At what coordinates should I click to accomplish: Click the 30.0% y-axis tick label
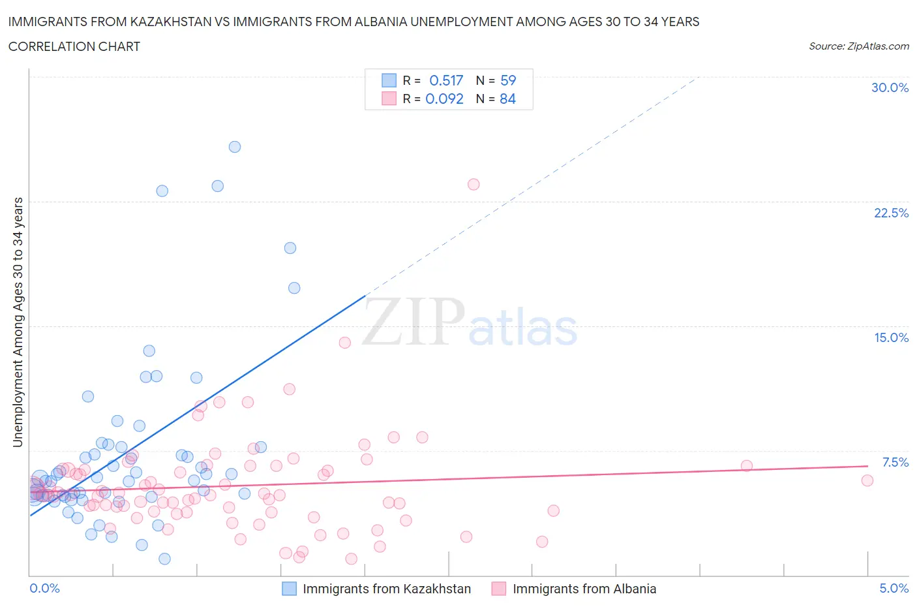pos(890,87)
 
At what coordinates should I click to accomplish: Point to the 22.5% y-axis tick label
pos(891,213)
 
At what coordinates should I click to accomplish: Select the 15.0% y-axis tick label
pos(891,337)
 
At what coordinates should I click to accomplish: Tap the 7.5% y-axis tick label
pos(895,462)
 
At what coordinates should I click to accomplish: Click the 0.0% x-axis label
pos(44,588)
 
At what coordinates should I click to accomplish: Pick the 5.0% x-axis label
pos(894,588)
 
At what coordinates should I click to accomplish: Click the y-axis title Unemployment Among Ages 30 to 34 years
pos(18,322)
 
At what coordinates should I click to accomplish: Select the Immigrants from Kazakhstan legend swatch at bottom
pos(289,589)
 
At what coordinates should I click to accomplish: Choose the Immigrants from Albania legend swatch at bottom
pos(499,589)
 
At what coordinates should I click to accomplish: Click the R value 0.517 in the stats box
pos(446,80)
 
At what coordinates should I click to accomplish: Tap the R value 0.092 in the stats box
pos(444,99)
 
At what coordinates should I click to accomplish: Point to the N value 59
pos(508,80)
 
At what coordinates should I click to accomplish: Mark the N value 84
pos(507,99)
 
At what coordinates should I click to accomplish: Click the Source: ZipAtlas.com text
pos(858,46)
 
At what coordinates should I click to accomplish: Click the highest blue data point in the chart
pos(235,147)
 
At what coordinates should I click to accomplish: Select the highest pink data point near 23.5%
pos(474,185)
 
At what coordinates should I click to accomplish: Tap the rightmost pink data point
pos(867,480)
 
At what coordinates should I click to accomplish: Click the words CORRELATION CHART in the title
pos(74,46)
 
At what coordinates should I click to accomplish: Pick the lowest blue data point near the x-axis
pos(164,559)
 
